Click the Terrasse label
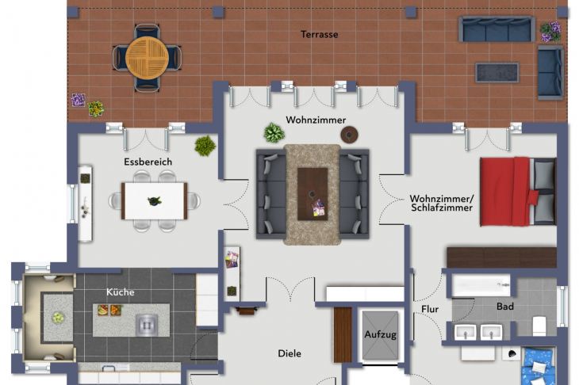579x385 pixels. pos(320,34)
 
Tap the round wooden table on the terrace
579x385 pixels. pos(147,58)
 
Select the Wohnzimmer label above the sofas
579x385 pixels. pos(316,120)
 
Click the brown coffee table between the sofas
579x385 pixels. pos(313,194)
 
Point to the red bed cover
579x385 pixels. pos(505,192)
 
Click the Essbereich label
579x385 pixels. pos(148,162)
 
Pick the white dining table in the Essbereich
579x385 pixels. pos(155,201)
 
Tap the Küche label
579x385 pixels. pos(120,292)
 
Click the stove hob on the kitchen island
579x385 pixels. pos(147,325)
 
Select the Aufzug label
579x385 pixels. pos(381,335)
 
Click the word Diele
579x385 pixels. pos(289,353)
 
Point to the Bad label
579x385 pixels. pos(505,307)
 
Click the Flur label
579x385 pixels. pos(430,309)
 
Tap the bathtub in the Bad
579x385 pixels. pos(481,285)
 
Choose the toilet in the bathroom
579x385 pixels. pos(539,326)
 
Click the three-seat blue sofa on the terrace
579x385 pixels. pos(497,29)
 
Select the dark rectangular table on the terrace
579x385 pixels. pos(497,73)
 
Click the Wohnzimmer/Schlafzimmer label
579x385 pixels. pos(442,203)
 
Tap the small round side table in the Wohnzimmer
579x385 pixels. pos(349,135)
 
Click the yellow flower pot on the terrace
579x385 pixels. pos(96,109)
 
